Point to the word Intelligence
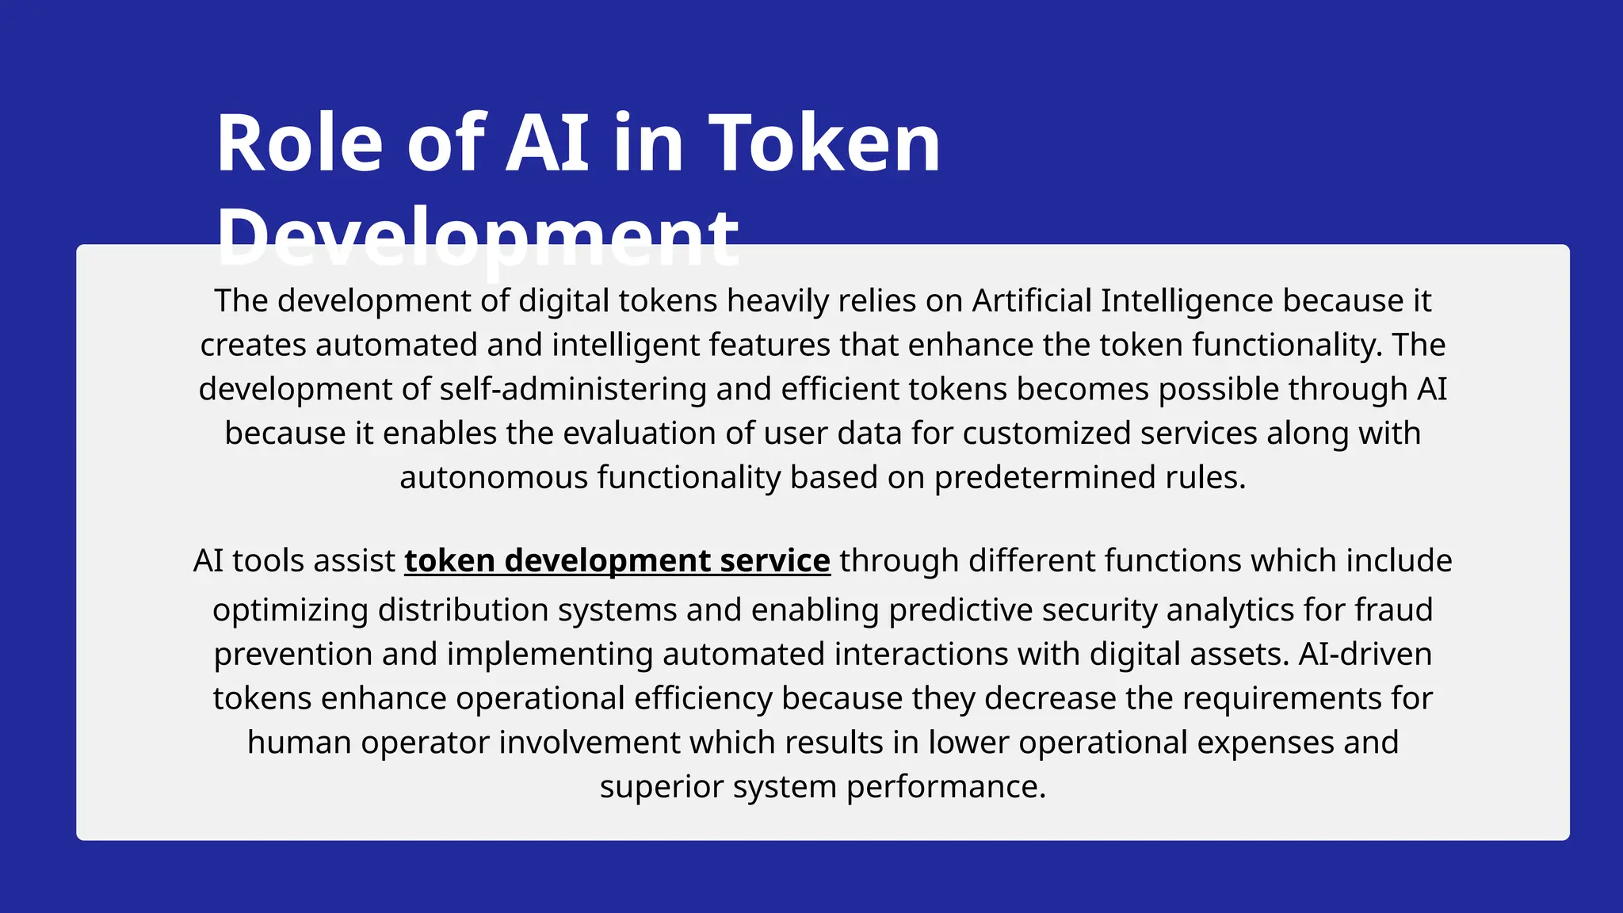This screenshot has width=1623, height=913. click(x=1186, y=301)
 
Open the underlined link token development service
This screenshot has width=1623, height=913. click(x=617, y=561)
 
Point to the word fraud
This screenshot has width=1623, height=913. click(x=1393, y=610)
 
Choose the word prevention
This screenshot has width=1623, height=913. click(x=292, y=655)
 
